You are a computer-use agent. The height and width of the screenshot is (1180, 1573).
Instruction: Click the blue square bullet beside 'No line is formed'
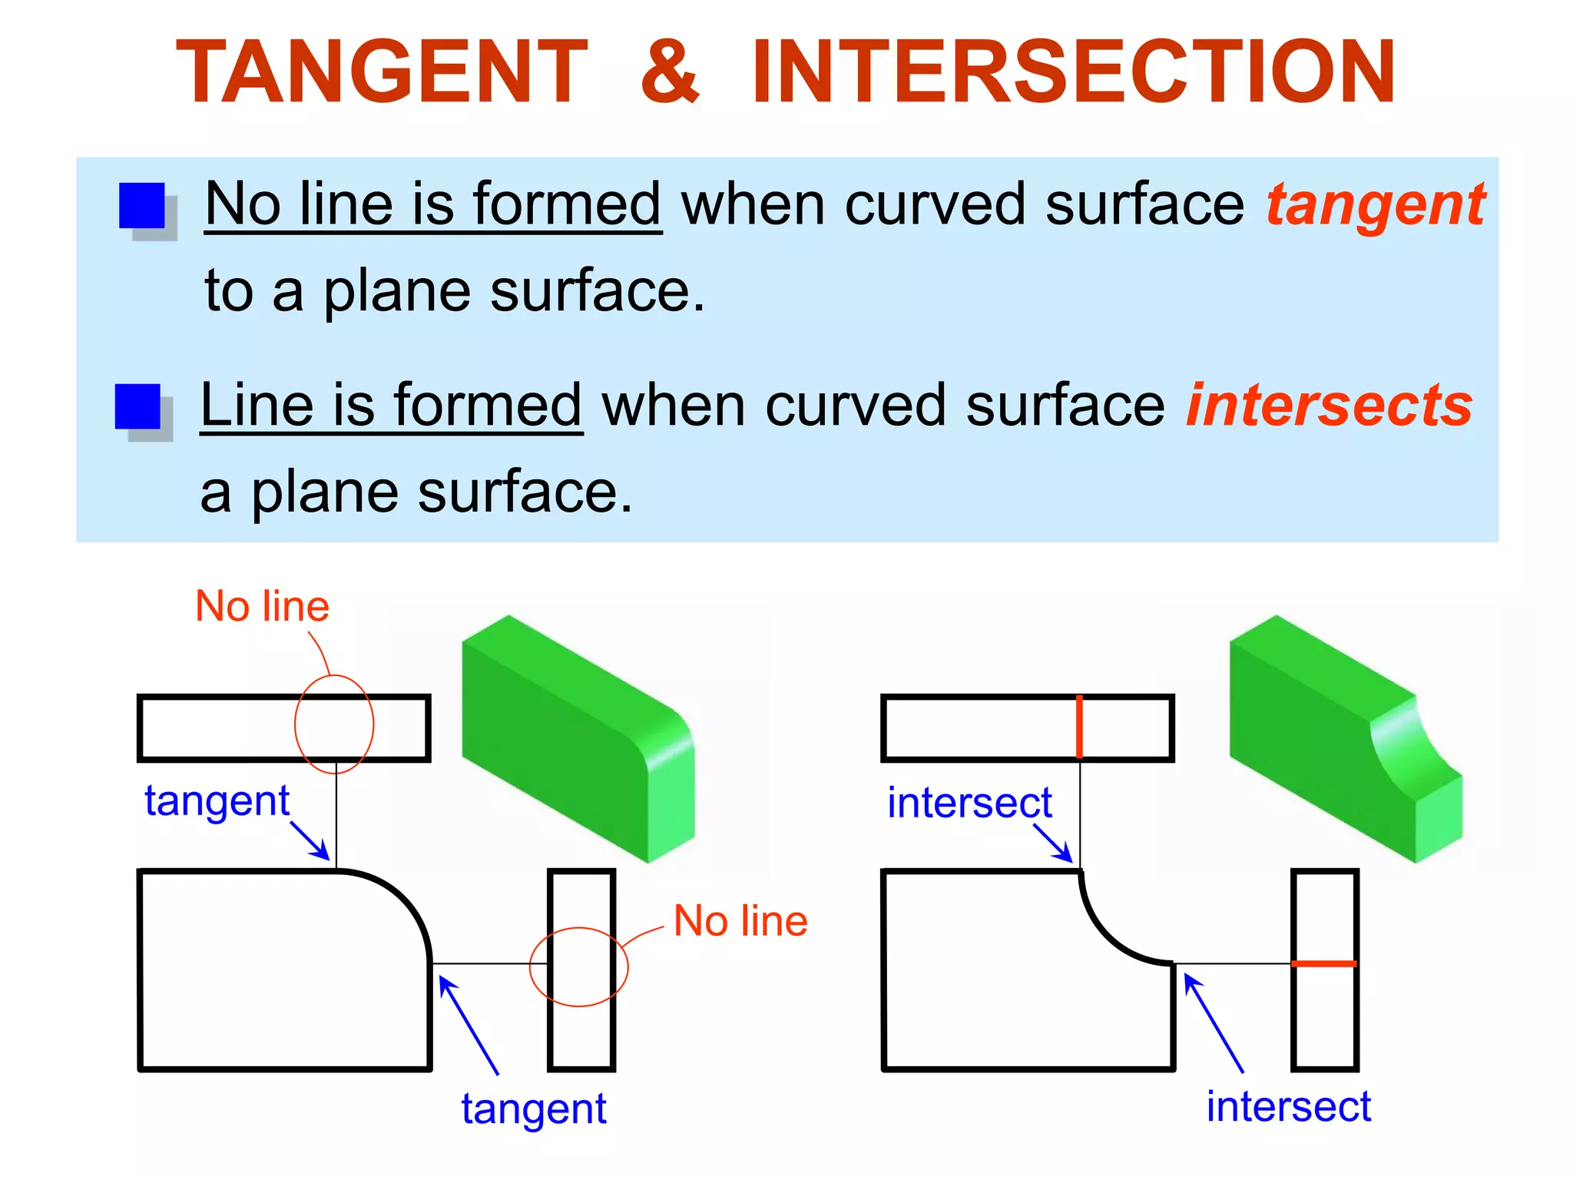(x=142, y=206)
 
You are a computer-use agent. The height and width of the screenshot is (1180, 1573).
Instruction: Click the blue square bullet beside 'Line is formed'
(x=137, y=407)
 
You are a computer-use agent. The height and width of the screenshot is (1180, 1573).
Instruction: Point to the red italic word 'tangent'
(x=1375, y=206)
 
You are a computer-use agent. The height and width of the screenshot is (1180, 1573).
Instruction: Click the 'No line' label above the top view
(x=262, y=606)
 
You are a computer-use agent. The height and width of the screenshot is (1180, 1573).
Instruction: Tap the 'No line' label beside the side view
(x=740, y=920)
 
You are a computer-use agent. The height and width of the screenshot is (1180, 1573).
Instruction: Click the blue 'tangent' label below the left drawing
(x=534, y=1109)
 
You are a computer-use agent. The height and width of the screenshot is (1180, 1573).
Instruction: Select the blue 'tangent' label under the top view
(x=217, y=801)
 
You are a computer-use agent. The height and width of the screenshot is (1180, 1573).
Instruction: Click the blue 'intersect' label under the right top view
(x=969, y=803)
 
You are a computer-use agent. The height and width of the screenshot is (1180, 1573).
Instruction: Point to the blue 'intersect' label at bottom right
(x=1288, y=1106)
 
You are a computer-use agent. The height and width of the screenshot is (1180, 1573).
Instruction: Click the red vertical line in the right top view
(x=1079, y=727)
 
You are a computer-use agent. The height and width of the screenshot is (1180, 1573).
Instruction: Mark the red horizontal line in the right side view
(x=1324, y=963)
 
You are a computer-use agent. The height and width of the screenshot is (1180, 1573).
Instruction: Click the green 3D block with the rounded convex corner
(x=576, y=737)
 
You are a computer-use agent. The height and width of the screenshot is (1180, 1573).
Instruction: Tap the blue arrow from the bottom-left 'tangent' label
(x=469, y=1024)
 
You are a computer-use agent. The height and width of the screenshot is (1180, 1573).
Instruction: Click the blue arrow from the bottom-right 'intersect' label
(x=1214, y=1023)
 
